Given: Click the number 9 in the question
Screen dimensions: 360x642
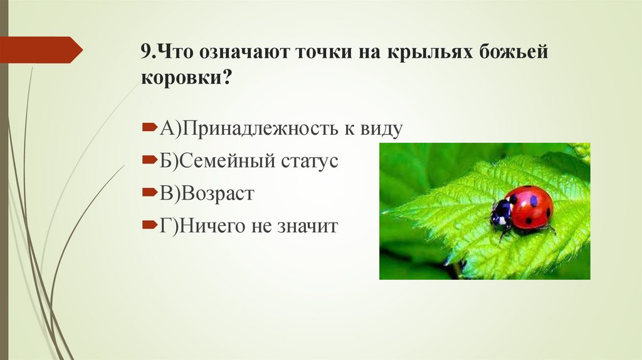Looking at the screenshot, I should point(145,52).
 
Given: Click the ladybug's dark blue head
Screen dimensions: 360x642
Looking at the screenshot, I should point(500,213).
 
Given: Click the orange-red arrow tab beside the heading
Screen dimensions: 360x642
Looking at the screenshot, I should point(41,50).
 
